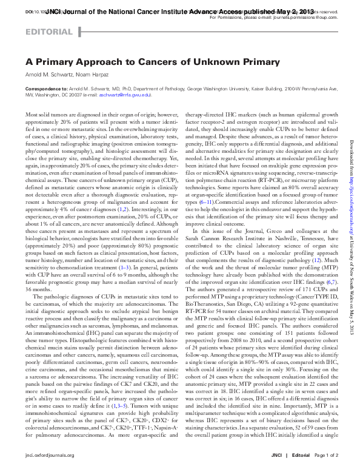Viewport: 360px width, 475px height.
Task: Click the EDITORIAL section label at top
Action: [x=48, y=32]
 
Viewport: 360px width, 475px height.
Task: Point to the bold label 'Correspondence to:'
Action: [x=44, y=89]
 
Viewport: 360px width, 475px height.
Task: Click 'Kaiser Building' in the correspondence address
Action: [x=273, y=89]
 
